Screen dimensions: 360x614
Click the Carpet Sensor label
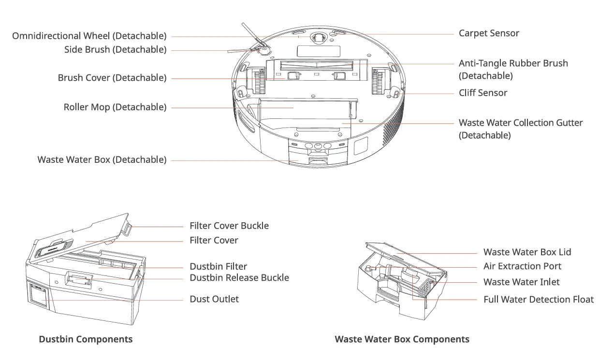[489, 33]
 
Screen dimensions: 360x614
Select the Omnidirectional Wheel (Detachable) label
[89, 36]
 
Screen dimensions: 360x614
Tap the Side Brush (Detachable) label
[115, 49]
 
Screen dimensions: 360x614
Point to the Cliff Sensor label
[483, 93]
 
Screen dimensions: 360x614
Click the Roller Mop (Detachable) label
[115, 107]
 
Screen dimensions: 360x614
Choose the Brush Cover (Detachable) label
[112, 78]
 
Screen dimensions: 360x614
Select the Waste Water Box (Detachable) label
[102, 159]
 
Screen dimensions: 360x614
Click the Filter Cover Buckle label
[229, 226]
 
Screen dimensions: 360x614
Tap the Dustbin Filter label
[218, 266]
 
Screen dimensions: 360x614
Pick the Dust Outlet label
[214, 299]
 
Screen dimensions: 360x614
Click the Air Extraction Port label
[522, 266]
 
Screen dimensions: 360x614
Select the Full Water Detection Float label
[539, 299]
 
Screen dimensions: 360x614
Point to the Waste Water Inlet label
[521, 282]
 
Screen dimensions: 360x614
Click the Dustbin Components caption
[86, 339]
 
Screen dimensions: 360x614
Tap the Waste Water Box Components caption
[402, 339]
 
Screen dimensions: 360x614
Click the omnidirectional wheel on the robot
[318, 38]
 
